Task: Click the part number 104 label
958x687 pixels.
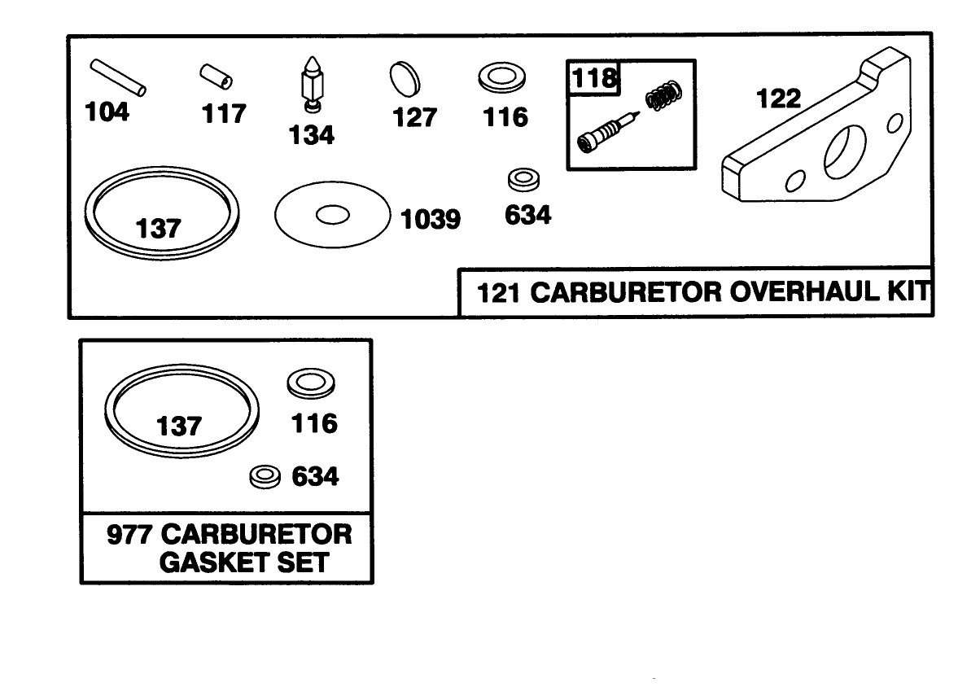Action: coord(107,112)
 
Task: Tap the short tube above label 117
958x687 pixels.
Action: coord(216,77)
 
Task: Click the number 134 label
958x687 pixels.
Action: coord(312,134)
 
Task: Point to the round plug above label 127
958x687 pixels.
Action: coord(405,81)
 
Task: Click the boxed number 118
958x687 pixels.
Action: coord(593,79)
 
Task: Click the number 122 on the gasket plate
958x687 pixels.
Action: coord(779,98)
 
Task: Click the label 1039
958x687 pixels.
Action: coord(431,219)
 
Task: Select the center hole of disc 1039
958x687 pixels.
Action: coord(332,215)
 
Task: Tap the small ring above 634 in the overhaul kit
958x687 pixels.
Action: coord(520,179)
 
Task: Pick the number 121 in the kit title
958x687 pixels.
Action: coord(498,293)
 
